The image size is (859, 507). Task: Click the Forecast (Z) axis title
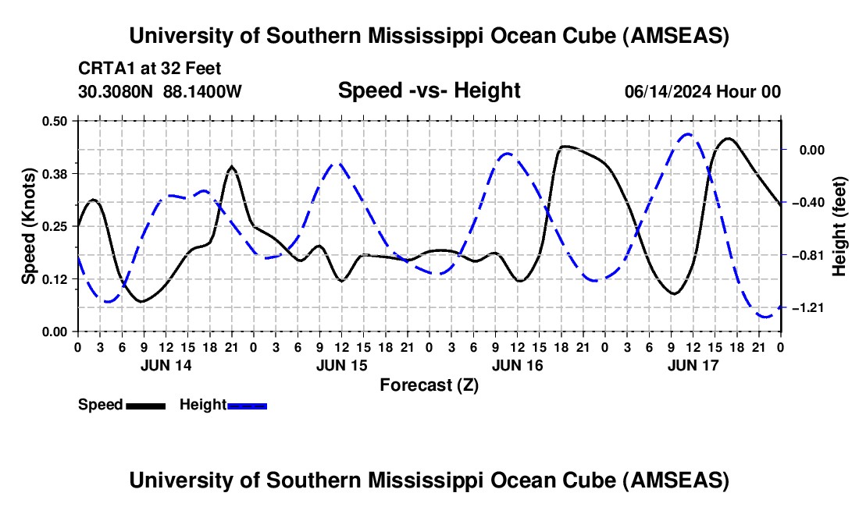[429, 385]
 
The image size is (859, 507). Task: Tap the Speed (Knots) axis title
[29, 226]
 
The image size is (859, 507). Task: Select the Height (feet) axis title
[839, 226]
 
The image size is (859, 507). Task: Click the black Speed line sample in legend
[145, 406]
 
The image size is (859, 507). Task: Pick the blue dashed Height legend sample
[247, 406]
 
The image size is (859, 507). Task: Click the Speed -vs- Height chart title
[429, 91]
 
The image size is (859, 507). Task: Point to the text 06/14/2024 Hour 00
[702, 92]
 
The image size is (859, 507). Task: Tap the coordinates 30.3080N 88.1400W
[160, 92]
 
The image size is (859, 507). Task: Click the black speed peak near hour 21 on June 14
[231, 166]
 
